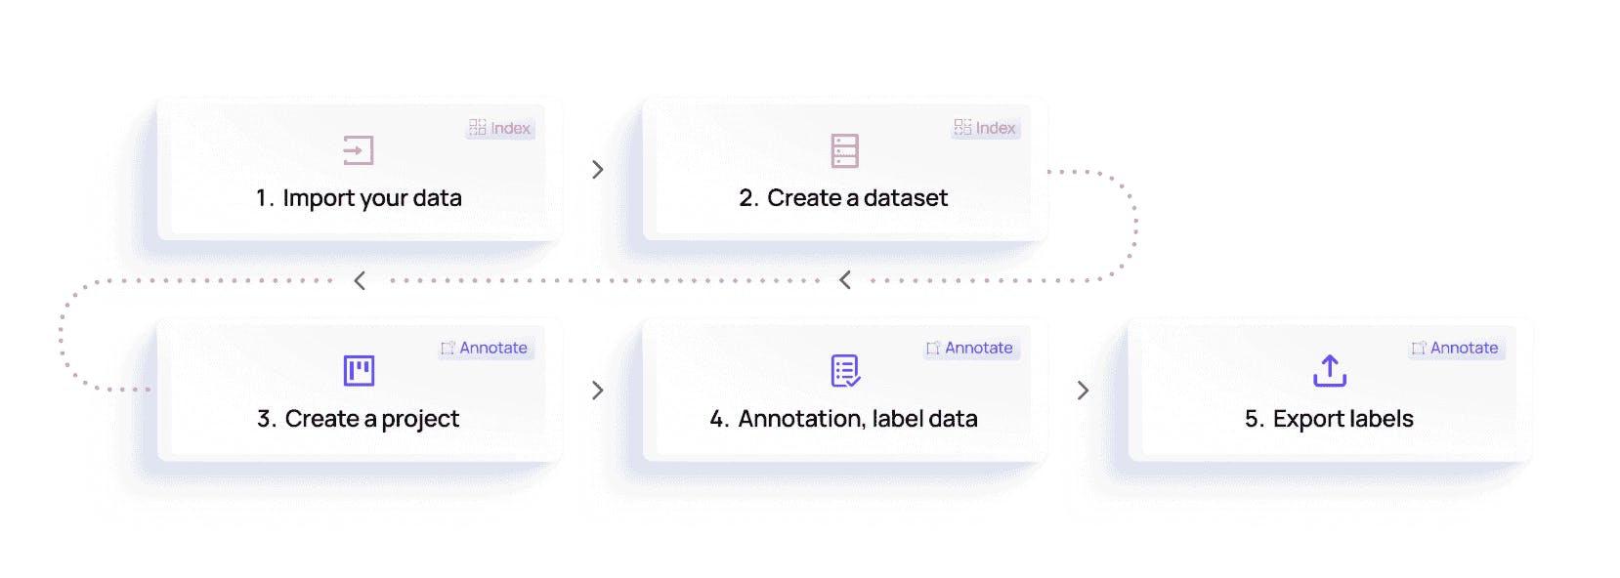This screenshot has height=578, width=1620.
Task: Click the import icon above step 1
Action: [358, 150]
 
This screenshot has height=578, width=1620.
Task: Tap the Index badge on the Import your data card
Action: [499, 128]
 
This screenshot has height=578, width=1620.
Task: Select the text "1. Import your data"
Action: [359, 198]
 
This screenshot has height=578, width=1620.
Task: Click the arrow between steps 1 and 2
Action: [597, 170]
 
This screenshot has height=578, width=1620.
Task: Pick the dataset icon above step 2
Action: [844, 150]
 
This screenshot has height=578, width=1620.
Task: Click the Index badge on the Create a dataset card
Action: [985, 128]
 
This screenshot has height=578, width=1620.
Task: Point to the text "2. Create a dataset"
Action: [843, 198]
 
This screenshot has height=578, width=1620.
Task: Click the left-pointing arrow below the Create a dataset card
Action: [845, 280]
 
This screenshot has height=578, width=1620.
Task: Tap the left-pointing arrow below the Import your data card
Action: [360, 280]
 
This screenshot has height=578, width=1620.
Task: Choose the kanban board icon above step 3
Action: [359, 371]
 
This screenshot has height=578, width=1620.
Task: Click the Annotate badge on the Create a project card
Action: [486, 349]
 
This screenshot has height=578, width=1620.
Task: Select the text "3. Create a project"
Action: [358, 419]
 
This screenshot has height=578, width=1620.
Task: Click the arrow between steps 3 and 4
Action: [597, 391]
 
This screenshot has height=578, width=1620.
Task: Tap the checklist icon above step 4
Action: [845, 371]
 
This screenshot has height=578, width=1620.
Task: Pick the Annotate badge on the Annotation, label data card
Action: [970, 349]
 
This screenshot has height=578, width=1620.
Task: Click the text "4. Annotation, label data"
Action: [843, 419]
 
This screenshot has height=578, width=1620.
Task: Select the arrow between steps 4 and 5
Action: [1083, 391]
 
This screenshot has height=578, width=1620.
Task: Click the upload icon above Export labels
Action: [1329, 371]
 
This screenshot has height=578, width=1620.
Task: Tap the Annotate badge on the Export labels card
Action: [1456, 349]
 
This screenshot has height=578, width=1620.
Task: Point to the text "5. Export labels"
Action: [1329, 419]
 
